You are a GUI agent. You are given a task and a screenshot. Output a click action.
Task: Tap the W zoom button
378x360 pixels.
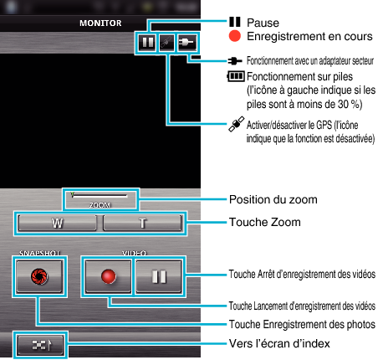[58, 223]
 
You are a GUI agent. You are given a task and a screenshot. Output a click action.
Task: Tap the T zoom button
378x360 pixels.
[142, 223]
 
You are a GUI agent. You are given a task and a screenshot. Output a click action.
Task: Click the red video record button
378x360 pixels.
[108, 276]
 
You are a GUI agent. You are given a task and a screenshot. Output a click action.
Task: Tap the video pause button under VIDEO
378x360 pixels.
[159, 276]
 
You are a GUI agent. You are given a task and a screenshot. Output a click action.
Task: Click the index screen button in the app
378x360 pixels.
[40, 345]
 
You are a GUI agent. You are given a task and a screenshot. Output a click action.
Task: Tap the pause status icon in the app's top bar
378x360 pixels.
[147, 43]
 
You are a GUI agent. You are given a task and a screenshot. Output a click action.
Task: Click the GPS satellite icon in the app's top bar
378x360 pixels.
[166, 43]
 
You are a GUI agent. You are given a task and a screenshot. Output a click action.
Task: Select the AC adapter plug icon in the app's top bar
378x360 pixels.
[186, 43]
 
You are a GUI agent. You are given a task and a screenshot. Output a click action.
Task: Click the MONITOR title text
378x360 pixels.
[100, 23]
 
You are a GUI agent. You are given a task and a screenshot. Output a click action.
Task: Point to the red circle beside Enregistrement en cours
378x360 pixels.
[235, 36]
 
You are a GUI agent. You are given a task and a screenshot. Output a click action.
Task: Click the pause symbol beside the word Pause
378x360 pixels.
[235, 22]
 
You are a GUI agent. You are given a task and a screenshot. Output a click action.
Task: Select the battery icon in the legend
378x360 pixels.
[236, 76]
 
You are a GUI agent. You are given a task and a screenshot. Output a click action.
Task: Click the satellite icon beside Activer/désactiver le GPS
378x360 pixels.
[237, 124]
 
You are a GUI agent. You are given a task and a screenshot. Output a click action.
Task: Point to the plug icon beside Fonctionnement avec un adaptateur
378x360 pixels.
[235, 60]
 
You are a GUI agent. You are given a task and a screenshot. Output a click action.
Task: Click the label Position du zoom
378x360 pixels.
[273, 200]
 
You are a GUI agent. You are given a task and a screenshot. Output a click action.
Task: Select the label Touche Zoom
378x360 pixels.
[265, 223]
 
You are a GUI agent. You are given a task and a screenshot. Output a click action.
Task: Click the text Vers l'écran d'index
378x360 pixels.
[279, 343]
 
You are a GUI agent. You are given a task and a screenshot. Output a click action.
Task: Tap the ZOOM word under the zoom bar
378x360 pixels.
[100, 205]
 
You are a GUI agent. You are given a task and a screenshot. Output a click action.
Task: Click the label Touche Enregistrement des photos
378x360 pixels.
[302, 325]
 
